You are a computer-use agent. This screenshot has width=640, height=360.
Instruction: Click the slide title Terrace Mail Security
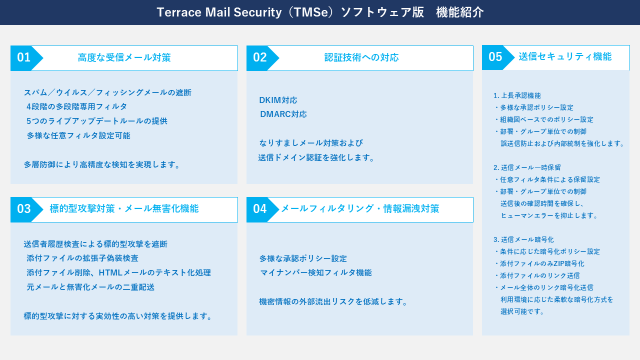point(320,12)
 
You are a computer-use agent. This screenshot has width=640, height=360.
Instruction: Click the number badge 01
point(24,58)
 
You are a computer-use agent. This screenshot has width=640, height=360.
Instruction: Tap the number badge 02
point(260,58)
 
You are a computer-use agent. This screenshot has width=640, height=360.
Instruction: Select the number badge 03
point(24,209)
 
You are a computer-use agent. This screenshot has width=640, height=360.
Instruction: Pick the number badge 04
point(260,209)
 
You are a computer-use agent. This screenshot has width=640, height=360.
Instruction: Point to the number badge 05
point(495,57)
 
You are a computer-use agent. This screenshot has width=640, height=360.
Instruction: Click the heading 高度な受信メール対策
point(124,58)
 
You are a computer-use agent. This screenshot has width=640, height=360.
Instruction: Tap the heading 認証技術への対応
point(361,58)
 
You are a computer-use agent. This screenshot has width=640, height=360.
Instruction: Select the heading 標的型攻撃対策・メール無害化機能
point(124,209)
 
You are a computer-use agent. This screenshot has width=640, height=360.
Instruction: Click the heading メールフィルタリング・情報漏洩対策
point(360,209)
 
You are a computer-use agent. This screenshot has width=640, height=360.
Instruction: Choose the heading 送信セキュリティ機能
point(565,57)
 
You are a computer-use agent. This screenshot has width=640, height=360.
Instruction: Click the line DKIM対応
point(278,100)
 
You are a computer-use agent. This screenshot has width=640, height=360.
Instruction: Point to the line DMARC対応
point(283,114)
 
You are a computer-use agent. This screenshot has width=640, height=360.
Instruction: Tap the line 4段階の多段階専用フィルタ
point(77,106)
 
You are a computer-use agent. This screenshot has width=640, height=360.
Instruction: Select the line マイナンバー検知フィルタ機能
point(316,273)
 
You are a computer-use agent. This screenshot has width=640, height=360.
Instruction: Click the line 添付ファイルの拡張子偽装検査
point(83,258)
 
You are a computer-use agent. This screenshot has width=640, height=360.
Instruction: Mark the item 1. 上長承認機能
point(517,95)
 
